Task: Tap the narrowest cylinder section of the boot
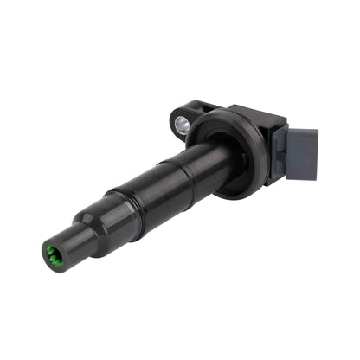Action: pyautogui.click(x=69, y=245)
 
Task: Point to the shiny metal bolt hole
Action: pyautogui.click(x=182, y=124)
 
